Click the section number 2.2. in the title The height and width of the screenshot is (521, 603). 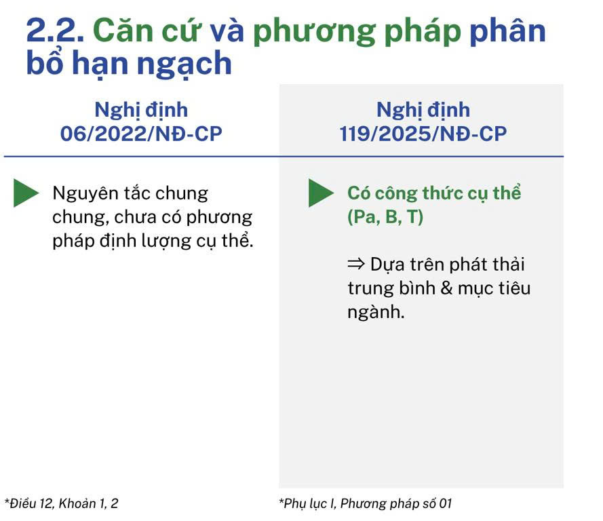coord(55,31)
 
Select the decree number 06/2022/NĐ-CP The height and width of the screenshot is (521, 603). coord(141,134)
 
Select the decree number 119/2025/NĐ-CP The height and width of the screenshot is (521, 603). coord(423,134)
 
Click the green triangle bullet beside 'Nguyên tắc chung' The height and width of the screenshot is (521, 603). coord(26,193)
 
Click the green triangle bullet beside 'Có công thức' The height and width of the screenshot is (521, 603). coord(321,193)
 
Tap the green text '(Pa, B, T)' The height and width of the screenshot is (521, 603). coord(385,217)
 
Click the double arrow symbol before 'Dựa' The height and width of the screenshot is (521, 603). coord(355,265)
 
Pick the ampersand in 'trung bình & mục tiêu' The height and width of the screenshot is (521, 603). coord(446,288)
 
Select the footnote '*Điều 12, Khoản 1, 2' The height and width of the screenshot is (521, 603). coord(62,503)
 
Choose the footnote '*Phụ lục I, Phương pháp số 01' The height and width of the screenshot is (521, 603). coord(366,503)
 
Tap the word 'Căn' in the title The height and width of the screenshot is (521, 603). coord(123,31)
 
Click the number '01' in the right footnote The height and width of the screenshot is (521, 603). coord(446,503)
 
